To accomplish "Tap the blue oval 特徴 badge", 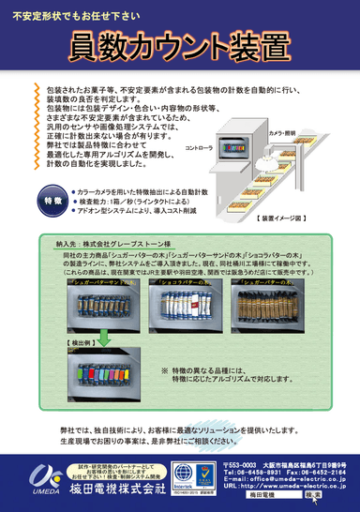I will [x=55, y=201].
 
